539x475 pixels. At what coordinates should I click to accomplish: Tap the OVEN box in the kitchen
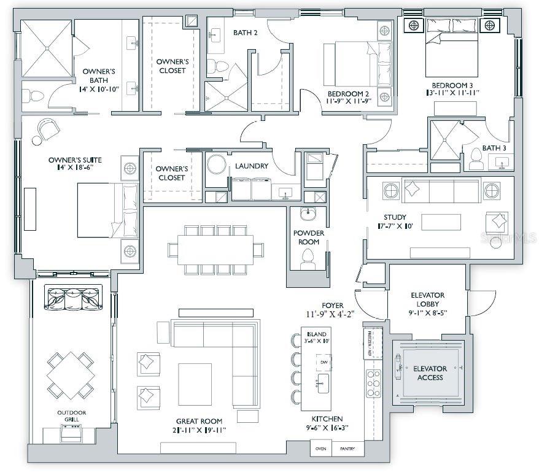pos(320,449)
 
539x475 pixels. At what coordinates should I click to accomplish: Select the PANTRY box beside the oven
pos(347,449)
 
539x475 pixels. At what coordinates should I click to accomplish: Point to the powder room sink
pos(308,215)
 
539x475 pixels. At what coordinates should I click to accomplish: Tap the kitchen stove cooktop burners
pos(373,384)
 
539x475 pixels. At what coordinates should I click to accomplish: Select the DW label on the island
pos(322,363)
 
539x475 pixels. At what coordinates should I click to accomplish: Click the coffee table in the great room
pos(195,384)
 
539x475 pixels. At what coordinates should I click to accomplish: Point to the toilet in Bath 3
pos(476,160)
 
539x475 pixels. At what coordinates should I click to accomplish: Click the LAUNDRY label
pos(251,166)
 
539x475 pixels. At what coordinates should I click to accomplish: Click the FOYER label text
pos(332,305)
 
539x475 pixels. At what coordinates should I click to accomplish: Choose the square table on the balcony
pos(71,374)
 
